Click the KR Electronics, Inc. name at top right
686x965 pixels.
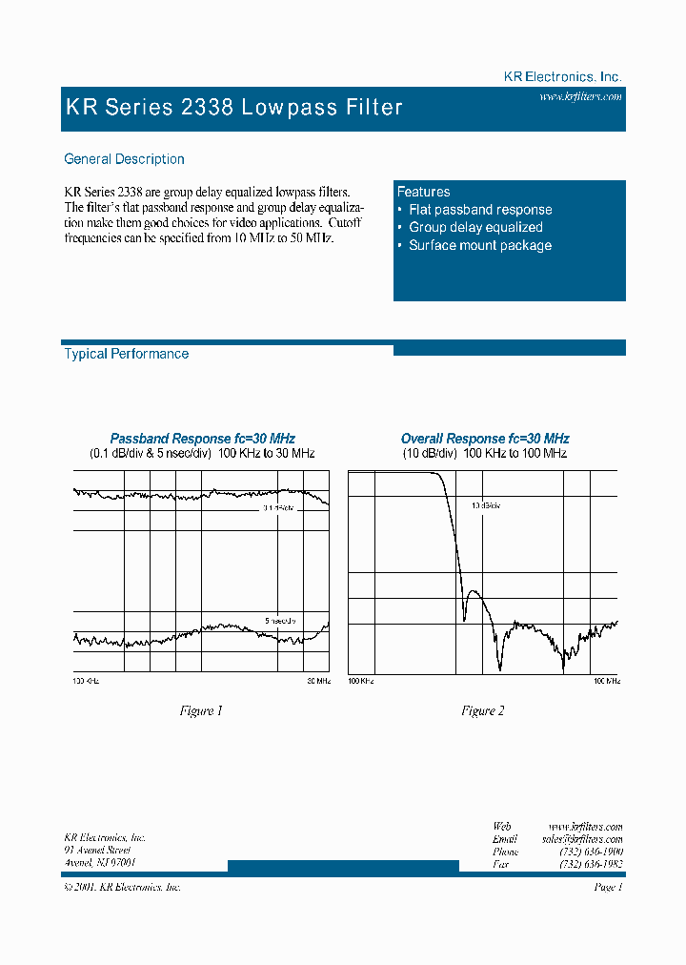pos(562,76)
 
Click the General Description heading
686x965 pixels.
pos(124,159)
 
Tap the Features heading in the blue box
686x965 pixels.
pos(423,192)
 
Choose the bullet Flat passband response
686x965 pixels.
pos(480,210)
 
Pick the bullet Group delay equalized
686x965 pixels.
pos(475,227)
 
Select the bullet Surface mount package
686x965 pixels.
pos(480,245)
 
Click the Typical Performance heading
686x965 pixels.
pos(126,354)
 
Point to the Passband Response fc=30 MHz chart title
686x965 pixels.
pos(202,439)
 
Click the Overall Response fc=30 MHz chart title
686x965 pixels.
pos(485,439)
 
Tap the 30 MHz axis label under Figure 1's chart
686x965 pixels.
pos(318,681)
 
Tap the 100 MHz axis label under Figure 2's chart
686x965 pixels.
pos(607,681)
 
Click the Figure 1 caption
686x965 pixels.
pos(201,710)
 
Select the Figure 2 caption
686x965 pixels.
pos(483,710)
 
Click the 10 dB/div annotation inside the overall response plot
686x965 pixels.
pos(485,505)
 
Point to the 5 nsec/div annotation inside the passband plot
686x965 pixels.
pos(280,621)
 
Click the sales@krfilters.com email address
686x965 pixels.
pos(581,838)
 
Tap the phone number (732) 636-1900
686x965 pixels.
pos(591,851)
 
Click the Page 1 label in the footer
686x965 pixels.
pos(608,887)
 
